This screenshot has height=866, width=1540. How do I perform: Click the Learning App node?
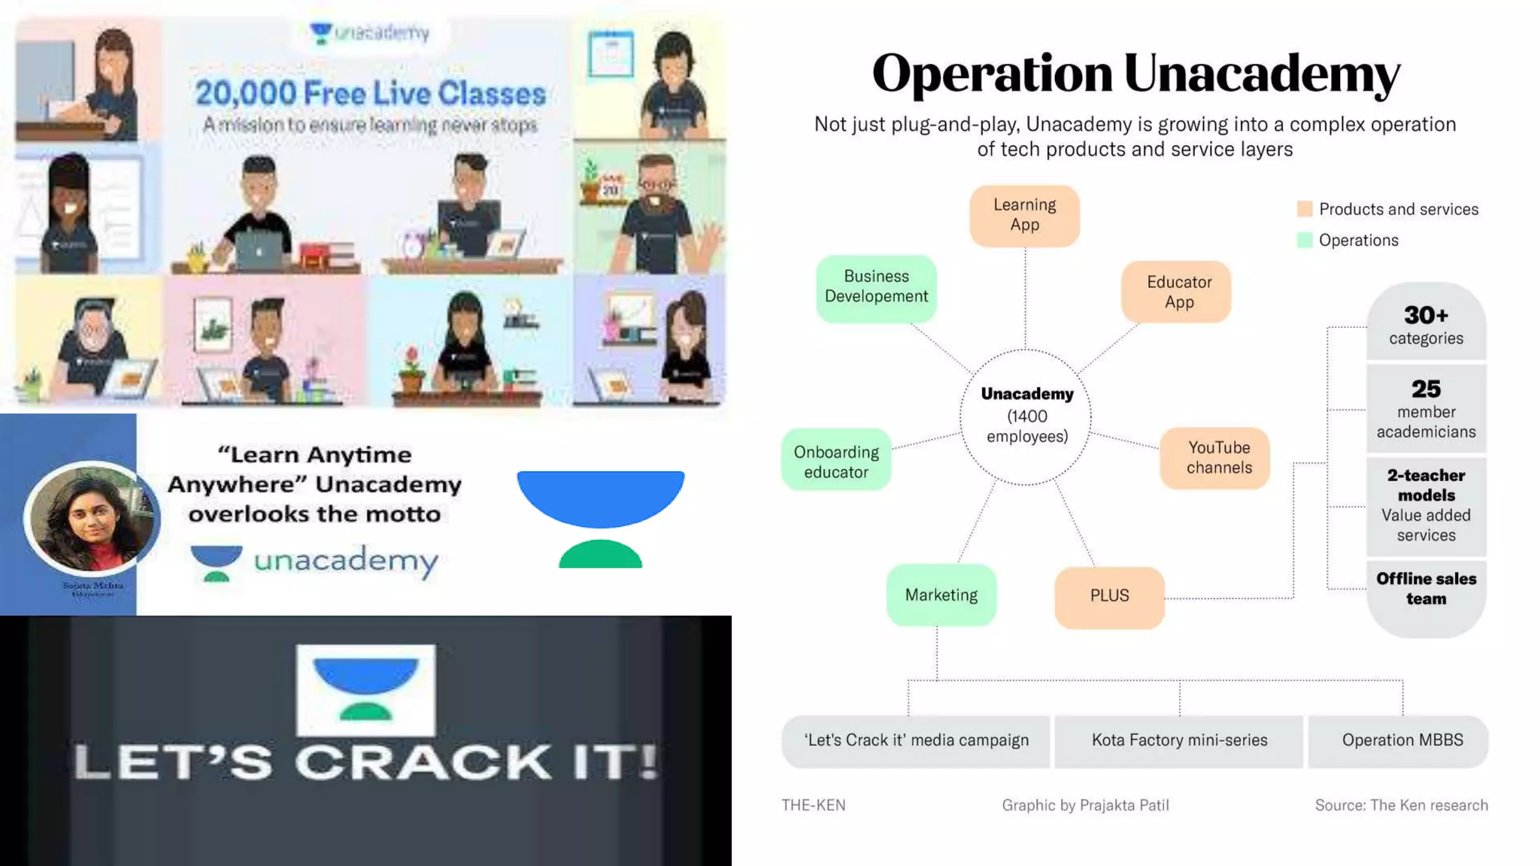1024,216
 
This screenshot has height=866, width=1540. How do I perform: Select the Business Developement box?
876,288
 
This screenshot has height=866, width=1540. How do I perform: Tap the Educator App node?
1178,292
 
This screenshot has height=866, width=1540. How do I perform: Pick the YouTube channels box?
1218,458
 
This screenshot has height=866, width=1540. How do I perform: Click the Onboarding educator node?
836,461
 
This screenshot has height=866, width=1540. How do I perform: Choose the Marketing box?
941,595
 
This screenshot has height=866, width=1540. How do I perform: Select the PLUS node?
1109,596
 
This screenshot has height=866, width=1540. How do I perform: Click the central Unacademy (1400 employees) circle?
1026,416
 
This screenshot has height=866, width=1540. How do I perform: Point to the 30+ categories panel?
1426,324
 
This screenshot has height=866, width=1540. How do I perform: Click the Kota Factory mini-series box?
1179,740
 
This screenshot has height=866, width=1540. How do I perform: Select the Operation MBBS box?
1402,740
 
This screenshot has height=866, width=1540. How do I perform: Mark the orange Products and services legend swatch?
1305,209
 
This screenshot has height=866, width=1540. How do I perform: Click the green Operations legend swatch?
1305,240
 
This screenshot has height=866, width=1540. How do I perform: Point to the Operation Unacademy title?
1135,74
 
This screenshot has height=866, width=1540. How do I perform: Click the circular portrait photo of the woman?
92,517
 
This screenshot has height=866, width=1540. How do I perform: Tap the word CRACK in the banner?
423,762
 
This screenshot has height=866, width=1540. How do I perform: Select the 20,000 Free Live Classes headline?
370,93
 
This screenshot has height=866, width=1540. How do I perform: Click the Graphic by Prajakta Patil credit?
1085,805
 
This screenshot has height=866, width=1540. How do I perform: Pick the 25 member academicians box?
1426,410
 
